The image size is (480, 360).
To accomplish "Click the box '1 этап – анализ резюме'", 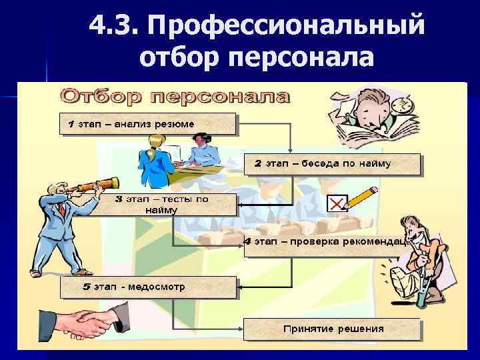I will [148, 124].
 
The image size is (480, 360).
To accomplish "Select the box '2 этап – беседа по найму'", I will [332, 164].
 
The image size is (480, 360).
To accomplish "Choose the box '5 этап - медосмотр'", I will [148, 287].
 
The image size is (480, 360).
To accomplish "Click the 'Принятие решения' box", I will [332, 329].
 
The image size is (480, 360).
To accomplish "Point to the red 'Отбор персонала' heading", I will [175, 97].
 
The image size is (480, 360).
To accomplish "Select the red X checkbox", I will [337, 203].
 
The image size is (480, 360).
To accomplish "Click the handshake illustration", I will [87, 323].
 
